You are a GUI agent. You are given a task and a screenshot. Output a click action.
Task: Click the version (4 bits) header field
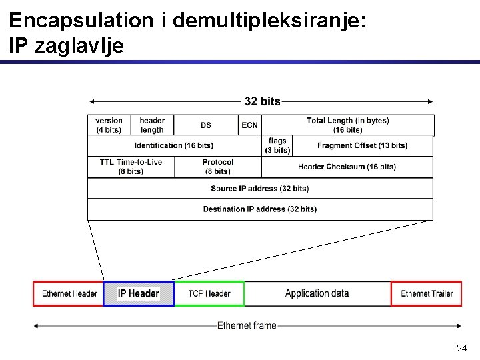point(109,125)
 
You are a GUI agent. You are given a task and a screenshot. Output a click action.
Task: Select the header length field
point(152,125)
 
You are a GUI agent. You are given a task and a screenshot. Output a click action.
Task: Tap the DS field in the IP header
point(206,125)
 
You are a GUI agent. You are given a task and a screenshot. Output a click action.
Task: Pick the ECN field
point(249,125)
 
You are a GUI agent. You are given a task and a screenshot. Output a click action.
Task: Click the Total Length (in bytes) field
point(347,125)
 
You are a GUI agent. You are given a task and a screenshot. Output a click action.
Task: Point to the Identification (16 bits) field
point(174,146)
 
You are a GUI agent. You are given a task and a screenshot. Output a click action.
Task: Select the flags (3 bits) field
point(277,146)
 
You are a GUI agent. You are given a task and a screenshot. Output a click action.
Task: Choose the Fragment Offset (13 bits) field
point(363,146)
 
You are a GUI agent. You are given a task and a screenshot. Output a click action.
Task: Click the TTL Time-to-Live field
point(131,167)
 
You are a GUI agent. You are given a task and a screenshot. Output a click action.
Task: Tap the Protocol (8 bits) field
point(217,167)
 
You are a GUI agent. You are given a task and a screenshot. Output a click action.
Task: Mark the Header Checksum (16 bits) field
point(347,167)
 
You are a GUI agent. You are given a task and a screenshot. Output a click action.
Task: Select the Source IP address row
point(260,189)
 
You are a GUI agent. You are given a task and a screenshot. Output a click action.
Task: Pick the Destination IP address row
point(260,209)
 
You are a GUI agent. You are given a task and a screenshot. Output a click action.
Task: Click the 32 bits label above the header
point(263,101)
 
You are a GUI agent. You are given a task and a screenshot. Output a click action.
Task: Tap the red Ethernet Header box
point(69,294)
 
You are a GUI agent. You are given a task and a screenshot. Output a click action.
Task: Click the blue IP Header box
point(139,294)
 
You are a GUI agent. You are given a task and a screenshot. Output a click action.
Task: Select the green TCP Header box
point(209,294)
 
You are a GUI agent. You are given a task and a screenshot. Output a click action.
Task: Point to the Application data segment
point(317,294)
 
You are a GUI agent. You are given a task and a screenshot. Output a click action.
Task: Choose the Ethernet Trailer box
point(427,294)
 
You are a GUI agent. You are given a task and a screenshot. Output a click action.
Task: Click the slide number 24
point(461,348)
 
